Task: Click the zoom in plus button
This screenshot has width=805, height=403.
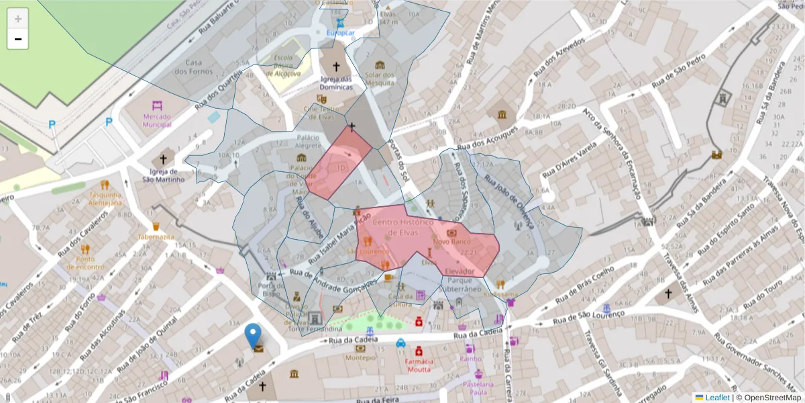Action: (18, 19)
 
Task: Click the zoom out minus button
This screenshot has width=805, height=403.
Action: (18, 39)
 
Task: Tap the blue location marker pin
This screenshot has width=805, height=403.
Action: (253, 337)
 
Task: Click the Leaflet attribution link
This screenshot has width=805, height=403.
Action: (716, 397)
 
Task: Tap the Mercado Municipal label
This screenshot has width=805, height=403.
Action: (158, 120)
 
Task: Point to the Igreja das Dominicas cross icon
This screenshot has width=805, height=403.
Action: (336, 67)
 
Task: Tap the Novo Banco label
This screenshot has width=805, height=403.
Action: (450, 241)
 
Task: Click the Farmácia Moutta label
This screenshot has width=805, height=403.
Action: (419, 365)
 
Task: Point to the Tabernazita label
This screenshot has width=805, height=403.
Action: (156, 237)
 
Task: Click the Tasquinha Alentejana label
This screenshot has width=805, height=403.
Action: (106, 198)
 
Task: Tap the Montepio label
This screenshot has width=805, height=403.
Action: (360, 357)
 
